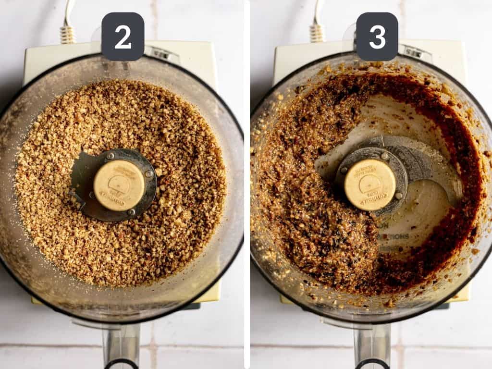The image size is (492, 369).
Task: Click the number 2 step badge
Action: pos(123,37)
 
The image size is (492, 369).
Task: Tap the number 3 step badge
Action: pos(377,37)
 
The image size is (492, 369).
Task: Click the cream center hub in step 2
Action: pos(119,185)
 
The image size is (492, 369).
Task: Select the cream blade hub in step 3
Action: pos(370,184)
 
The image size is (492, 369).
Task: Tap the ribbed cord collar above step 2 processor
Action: pos(68,34)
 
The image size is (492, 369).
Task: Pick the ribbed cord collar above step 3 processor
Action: pos(317,33)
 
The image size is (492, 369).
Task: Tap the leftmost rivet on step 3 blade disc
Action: pos(344,169)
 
